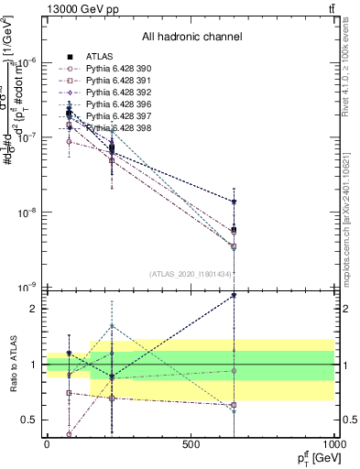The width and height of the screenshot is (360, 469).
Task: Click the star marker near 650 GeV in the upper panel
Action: coord(235,202)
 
